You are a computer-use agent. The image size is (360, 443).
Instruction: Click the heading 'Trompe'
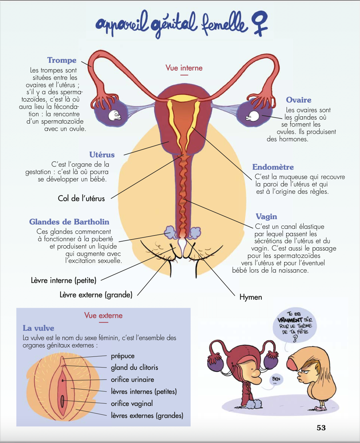[x=62, y=60]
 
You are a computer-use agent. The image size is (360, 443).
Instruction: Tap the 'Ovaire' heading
[x=299, y=100]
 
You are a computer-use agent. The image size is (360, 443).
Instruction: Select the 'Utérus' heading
[x=102, y=155]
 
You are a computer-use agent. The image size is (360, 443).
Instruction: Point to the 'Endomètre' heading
[x=273, y=167]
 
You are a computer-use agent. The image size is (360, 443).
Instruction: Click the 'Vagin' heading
[x=266, y=216]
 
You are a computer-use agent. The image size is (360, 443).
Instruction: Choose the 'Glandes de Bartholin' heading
[x=69, y=222]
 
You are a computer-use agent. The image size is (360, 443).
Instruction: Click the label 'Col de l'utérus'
[x=81, y=198]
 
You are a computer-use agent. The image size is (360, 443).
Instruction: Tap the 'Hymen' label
[x=250, y=297]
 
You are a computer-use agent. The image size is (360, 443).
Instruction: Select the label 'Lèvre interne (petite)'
[x=63, y=280]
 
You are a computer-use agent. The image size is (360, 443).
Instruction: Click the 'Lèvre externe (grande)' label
[x=96, y=295]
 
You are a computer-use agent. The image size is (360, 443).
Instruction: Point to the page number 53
[x=321, y=428]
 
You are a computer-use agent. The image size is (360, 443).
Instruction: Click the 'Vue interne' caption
[x=184, y=68]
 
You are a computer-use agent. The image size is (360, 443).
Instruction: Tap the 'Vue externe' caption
[x=103, y=315]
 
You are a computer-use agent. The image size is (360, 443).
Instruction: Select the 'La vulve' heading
[x=38, y=328]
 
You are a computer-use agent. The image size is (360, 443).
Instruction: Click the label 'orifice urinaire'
[x=132, y=380]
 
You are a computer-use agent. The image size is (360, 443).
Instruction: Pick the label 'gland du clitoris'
[x=134, y=367]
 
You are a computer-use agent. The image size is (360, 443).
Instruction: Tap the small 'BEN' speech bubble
[x=276, y=379]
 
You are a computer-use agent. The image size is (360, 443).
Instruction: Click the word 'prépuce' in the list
[x=123, y=356]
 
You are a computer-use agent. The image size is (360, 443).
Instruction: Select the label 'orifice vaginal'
[x=132, y=404]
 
